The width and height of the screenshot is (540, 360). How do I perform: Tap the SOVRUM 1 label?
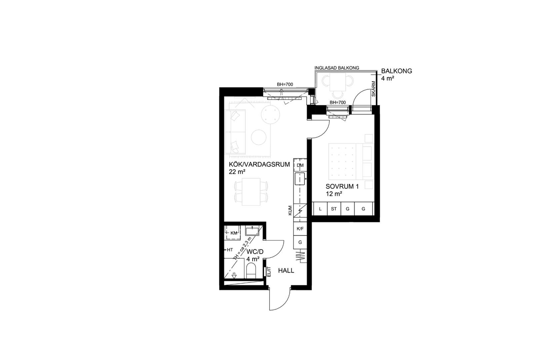pyautogui.click(x=342, y=187)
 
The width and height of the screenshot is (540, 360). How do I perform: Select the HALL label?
pyautogui.click(x=286, y=271)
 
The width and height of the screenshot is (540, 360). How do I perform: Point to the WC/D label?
pyautogui.click(x=255, y=252)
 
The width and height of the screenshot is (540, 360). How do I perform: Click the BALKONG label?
pyautogui.click(x=397, y=71)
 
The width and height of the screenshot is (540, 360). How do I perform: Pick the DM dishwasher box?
pyautogui.click(x=300, y=165)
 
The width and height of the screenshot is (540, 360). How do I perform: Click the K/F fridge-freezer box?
pyautogui.click(x=300, y=229)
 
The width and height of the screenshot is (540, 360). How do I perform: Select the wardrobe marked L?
pyautogui.click(x=320, y=209)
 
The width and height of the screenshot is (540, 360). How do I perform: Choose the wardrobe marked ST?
pyautogui.click(x=334, y=209)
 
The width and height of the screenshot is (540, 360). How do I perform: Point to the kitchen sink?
pyautogui.click(x=300, y=179)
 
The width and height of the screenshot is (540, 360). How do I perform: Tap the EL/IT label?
pyautogui.click(x=269, y=271)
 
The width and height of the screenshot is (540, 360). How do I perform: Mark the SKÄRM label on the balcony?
pyautogui.click(x=374, y=89)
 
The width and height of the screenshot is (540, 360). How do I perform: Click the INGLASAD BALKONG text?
pyautogui.click(x=337, y=68)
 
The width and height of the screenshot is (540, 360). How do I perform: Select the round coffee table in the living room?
pyautogui.click(x=259, y=138)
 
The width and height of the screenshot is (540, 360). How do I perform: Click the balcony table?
pyautogui.click(x=338, y=82)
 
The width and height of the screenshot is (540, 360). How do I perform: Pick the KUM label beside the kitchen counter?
pyautogui.click(x=290, y=210)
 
